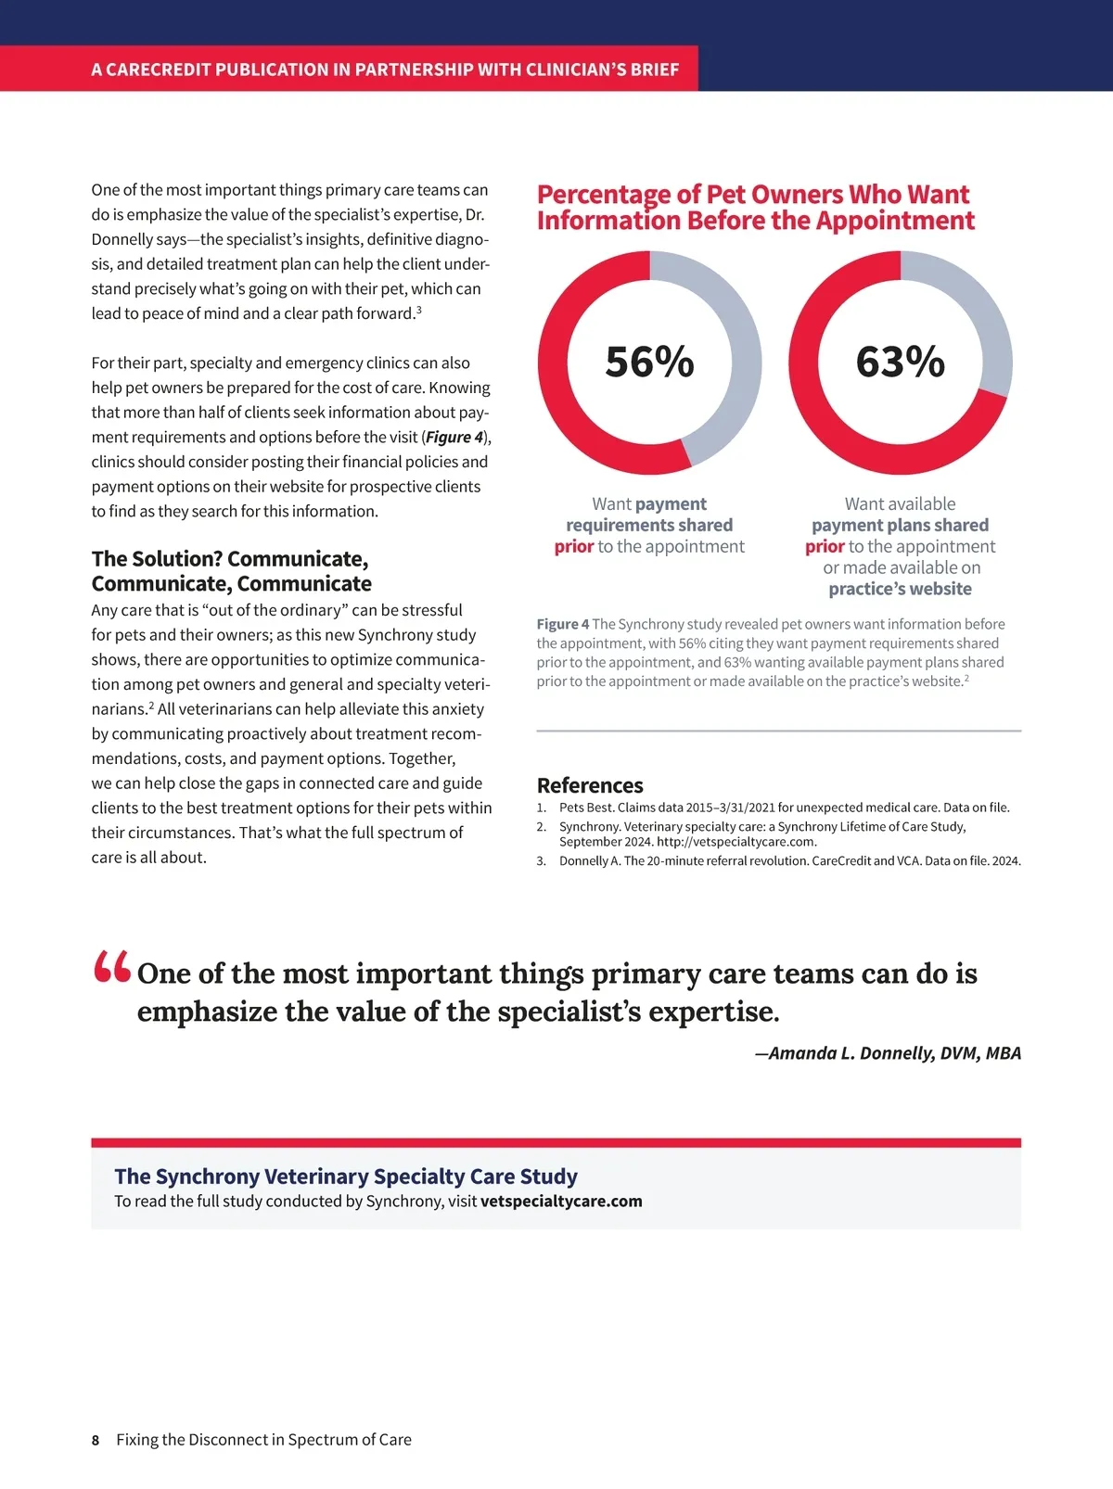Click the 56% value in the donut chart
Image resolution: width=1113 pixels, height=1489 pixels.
649,362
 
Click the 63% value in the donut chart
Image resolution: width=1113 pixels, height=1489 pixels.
900,362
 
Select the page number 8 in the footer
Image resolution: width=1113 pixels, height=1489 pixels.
96,1440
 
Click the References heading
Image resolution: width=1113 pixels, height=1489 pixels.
590,785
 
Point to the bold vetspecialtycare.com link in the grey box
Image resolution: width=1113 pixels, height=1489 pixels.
561,1201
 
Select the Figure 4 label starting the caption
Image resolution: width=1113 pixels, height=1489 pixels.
562,624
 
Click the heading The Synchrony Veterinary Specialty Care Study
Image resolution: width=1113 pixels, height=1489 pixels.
346,1176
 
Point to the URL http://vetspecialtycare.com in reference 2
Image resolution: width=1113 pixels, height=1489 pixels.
736,842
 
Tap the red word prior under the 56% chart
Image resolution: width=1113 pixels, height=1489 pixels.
574,546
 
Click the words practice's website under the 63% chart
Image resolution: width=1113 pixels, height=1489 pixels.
900,589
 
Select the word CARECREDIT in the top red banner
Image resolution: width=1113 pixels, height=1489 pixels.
158,70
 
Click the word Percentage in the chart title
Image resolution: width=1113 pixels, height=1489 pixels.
603,195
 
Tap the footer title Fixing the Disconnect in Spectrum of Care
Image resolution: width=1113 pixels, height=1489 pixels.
263,1440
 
